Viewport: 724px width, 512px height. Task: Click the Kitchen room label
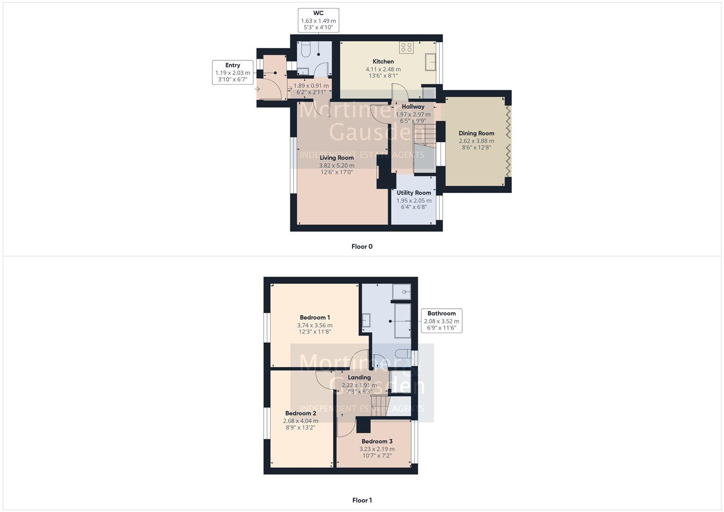click(383, 62)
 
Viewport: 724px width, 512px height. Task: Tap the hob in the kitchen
click(406, 47)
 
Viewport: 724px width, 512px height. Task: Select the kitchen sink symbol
click(431, 62)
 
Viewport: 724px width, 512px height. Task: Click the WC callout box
click(318, 20)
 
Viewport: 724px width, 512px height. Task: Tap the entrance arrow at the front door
click(258, 89)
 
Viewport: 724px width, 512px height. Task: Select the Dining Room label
click(476, 134)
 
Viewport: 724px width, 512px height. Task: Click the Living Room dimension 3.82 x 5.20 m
click(337, 165)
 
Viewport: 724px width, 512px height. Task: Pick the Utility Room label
click(413, 193)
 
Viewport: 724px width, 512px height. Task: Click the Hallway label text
click(413, 107)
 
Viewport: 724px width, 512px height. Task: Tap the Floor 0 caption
click(362, 247)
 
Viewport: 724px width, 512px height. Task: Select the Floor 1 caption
click(362, 500)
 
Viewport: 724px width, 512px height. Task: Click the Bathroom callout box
click(441, 320)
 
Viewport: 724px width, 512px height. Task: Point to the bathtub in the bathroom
click(403, 320)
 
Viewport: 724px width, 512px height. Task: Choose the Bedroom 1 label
click(315, 318)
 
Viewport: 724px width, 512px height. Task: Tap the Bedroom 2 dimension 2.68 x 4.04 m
click(301, 421)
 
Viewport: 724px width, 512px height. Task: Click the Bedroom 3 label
click(377, 441)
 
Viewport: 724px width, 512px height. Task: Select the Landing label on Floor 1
click(359, 377)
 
